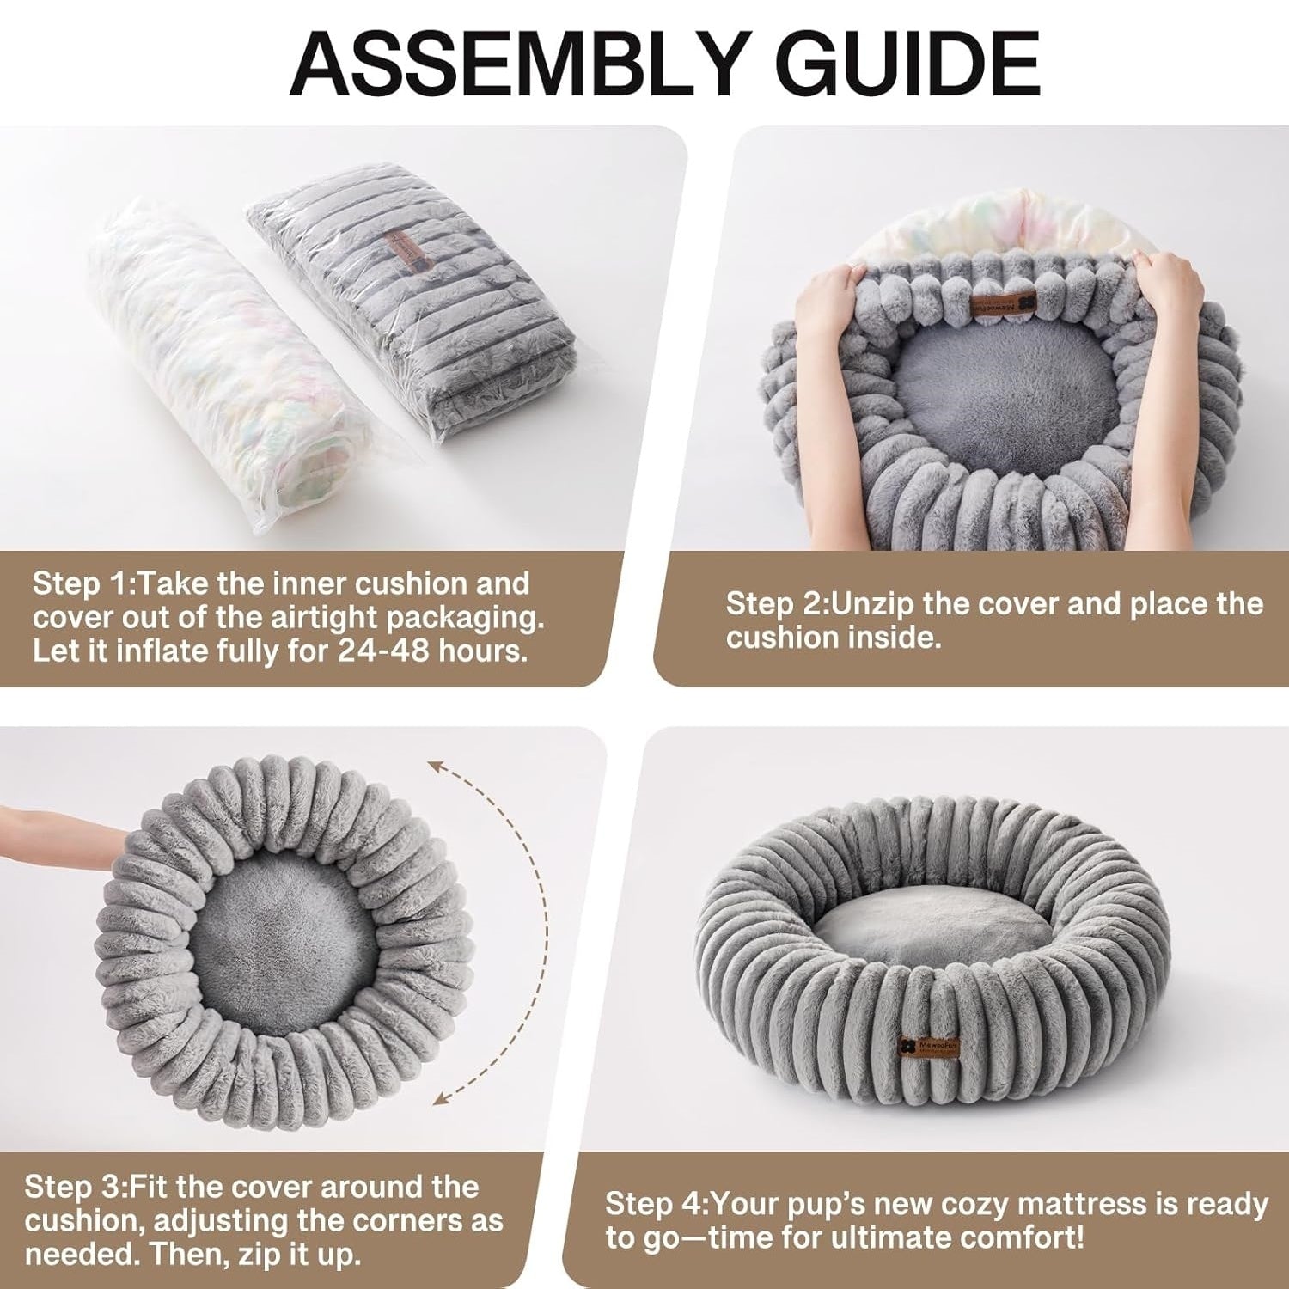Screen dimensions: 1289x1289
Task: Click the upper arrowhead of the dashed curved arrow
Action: tap(435, 764)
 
